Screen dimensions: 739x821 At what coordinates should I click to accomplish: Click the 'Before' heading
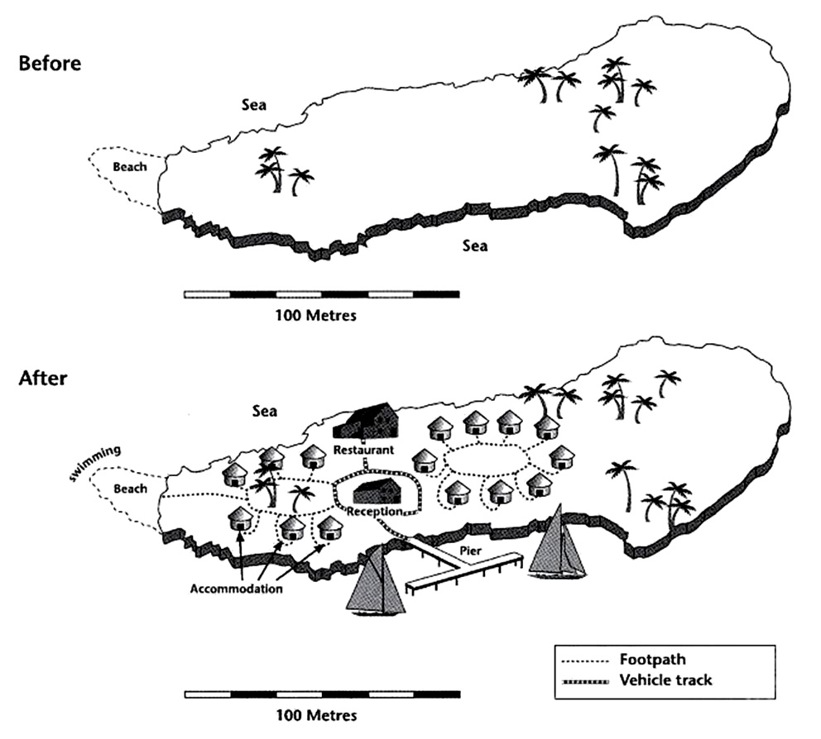pos(50,63)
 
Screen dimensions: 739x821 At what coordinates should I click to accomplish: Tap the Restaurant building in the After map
pos(367,422)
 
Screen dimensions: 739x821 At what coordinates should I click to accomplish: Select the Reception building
pos(377,491)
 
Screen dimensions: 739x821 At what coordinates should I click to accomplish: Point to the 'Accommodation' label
pos(237,589)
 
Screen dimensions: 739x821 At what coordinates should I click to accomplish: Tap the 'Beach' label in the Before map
pos(130,167)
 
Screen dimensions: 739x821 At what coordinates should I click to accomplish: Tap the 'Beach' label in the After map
pos(130,489)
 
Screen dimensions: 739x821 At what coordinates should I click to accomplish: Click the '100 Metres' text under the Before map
pos(321,315)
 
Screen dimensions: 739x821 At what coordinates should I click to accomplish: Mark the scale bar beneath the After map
pos(321,694)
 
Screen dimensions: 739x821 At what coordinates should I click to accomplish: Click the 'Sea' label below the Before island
pos(475,246)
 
